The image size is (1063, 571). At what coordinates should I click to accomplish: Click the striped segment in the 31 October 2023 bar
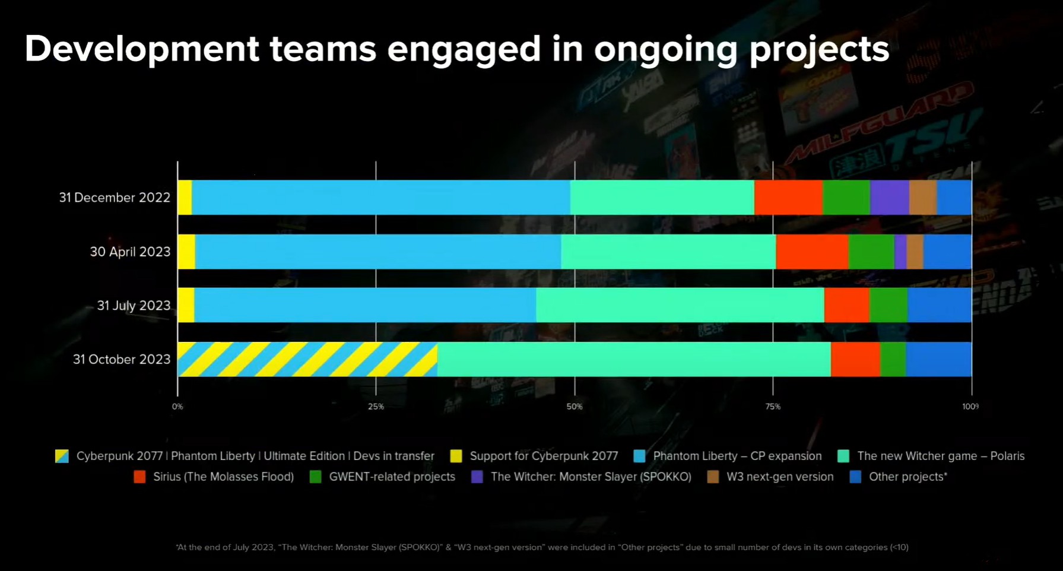pos(307,359)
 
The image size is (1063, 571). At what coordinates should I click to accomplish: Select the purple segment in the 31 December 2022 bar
pos(889,197)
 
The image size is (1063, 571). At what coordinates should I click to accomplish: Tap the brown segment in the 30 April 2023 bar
pos(915,252)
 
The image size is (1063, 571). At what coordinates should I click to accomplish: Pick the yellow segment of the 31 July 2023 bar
pos(186,305)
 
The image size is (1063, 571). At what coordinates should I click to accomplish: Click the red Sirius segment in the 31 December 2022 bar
pos(788,197)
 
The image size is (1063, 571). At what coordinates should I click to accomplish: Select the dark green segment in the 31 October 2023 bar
pos(893,359)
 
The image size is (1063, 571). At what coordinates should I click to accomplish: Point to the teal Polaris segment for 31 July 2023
pos(680,305)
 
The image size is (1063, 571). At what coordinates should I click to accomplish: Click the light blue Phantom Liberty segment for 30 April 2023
pos(377,252)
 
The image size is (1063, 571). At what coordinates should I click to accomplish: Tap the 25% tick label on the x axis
pos(376,407)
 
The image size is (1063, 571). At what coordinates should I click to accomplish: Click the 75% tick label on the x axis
pos(773,407)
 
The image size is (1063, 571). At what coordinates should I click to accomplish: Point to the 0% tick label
pos(177,407)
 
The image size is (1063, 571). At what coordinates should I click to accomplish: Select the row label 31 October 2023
pos(122,359)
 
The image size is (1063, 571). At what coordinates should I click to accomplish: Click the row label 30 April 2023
pos(130,252)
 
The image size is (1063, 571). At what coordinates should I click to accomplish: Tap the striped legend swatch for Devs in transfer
pos(62,456)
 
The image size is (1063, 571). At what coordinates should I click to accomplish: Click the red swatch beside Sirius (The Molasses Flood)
pos(139,477)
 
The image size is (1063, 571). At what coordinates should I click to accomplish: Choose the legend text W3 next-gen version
pos(780,477)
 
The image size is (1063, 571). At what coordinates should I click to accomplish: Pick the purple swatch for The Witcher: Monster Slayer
pos(477,477)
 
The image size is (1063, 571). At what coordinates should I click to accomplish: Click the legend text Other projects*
pos(907,477)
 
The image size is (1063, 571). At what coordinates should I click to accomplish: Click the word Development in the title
pos(141,49)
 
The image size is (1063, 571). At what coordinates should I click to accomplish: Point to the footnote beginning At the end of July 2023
pos(541,547)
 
